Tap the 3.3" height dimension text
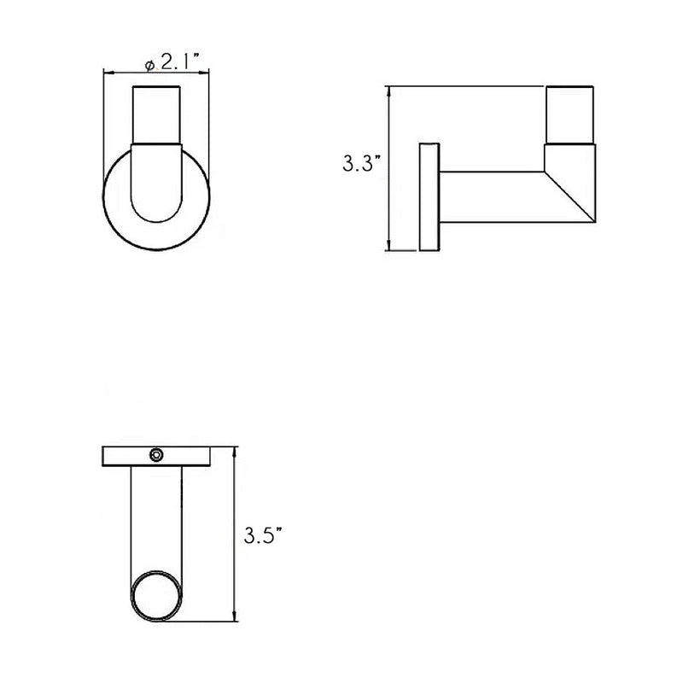click(357, 164)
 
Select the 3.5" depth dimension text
click(262, 536)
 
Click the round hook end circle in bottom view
click(156, 595)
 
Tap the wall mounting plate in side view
click(429, 198)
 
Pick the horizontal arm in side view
click(491, 196)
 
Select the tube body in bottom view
click(156, 521)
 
